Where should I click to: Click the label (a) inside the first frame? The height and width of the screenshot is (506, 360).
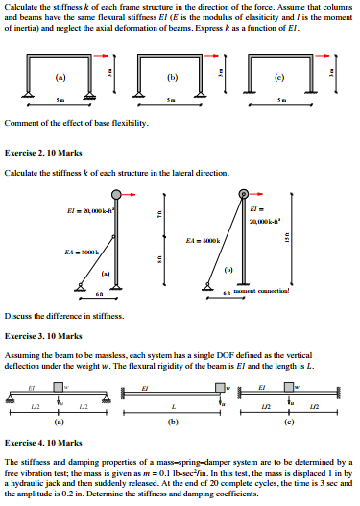60,75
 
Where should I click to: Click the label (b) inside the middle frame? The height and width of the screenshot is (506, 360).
173,75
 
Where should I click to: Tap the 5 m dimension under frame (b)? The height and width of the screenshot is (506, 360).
171,100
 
